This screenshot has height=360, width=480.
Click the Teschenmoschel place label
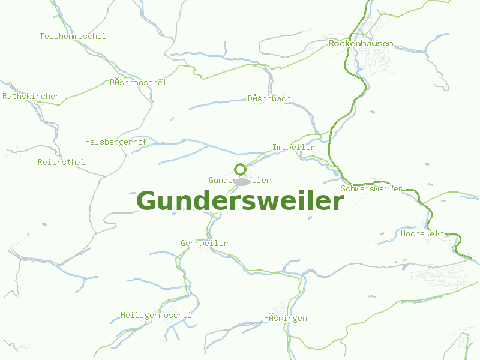coord(73,37)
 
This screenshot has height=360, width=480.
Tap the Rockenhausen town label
coord(361,44)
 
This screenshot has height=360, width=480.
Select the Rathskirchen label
coord(31,96)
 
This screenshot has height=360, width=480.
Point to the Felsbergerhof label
coord(116,142)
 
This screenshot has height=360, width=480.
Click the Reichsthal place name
coord(61,163)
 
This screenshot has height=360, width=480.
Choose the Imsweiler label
coord(293,148)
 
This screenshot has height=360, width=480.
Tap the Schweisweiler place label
coord(371,189)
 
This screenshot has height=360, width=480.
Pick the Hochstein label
coord(422,233)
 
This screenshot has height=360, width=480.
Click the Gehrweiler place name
coord(204,243)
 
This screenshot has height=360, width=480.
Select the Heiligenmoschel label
coord(156,315)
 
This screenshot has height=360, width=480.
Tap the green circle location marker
coord(240,169)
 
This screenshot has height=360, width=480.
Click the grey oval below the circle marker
coord(241,181)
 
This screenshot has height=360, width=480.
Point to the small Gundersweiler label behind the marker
coord(222,181)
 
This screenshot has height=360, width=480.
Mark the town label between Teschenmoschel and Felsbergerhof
coord(138,82)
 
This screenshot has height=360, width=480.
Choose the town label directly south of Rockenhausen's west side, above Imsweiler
coord(269,98)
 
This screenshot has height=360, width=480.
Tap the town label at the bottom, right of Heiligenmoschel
coord(286,318)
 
